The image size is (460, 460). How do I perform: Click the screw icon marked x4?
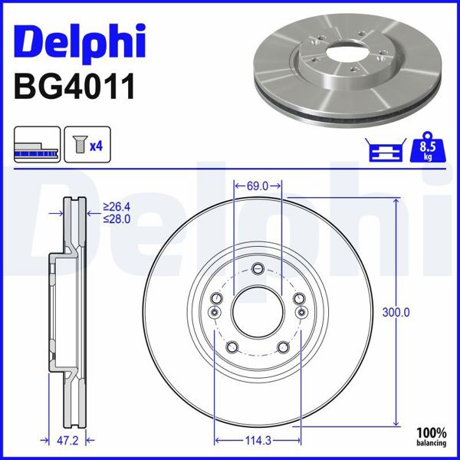(x=77, y=145)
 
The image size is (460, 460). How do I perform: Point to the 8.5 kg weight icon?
(x=429, y=145)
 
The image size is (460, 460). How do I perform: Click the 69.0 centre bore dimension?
(x=258, y=186)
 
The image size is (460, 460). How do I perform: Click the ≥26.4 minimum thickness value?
(x=117, y=207)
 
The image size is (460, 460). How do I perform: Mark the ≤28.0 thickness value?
(x=117, y=219)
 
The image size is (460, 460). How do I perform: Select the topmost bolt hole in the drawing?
(x=258, y=268)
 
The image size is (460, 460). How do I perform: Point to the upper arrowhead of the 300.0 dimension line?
(x=396, y=201)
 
